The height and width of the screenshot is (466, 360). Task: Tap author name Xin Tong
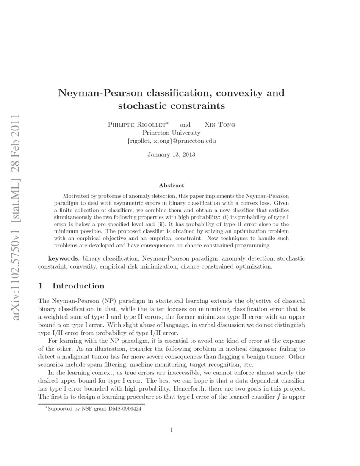point(219,125)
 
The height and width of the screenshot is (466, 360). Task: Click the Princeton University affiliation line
point(171,132)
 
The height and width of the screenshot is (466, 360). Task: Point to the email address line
point(171,140)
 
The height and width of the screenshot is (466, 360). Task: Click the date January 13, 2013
point(171,155)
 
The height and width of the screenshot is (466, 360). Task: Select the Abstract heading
point(171,186)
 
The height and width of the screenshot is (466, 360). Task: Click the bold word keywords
point(64,258)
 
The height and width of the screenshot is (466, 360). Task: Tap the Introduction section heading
point(78,286)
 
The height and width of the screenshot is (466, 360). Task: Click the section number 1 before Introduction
point(41,286)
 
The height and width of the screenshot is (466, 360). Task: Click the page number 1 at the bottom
point(171,430)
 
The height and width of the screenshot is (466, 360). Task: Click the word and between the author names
point(185,125)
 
